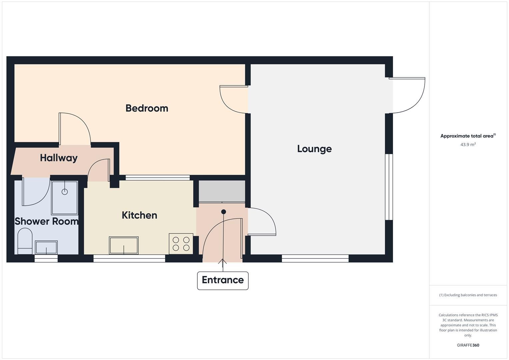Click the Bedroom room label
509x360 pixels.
(x=147, y=108)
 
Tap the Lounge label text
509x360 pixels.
(x=314, y=149)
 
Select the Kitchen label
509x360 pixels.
(x=139, y=215)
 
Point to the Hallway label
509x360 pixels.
(x=59, y=158)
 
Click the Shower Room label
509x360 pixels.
(x=46, y=221)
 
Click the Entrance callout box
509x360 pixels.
(x=223, y=280)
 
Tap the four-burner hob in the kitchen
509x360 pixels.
(x=181, y=244)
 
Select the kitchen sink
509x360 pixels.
(x=124, y=245)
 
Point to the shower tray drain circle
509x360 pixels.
(x=65, y=192)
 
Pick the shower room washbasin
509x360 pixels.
(x=46, y=248)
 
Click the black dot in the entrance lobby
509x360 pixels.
(x=224, y=212)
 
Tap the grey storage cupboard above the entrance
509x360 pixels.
(x=222, y=191)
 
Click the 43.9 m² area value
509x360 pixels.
(x=468, y=145)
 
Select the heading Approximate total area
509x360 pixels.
(x=468, y=136)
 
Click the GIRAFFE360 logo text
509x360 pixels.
(x=468, y=345)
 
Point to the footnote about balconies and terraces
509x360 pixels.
(x=468, y=295)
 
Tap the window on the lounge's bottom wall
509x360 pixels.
(x=315, y=258)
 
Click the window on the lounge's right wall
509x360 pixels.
(x=389, y=187)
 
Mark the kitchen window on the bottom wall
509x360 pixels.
(x=129, y=258)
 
